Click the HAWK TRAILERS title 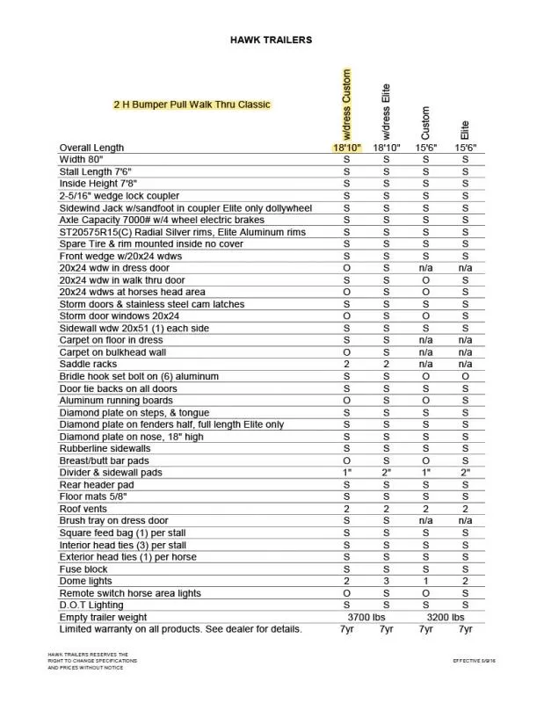(271, 40)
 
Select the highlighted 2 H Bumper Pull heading (192, 105)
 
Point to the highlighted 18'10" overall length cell (346, 148)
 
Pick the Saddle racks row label (88, 363)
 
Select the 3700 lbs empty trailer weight (366, 617)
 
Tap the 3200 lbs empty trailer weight (445, 617)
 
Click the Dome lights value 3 (386, 581)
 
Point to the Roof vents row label (84, 508)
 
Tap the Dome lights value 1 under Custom (425, 581)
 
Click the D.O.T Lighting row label (91, 605)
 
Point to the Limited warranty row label (179, 629)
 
